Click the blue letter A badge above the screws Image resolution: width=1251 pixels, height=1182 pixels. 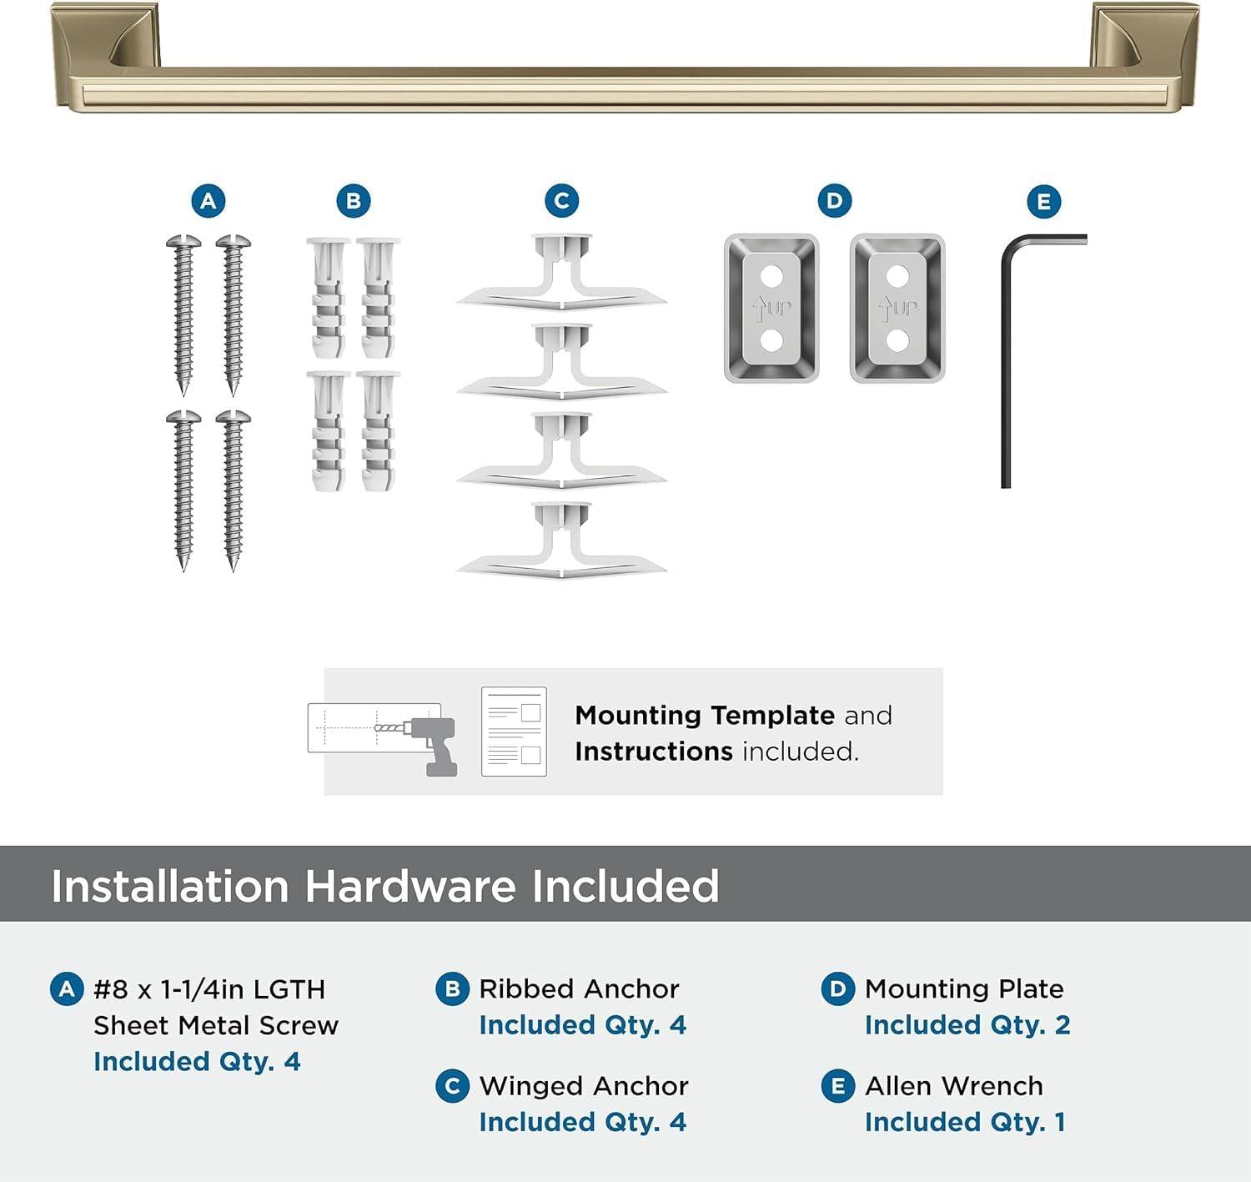coord(208,201)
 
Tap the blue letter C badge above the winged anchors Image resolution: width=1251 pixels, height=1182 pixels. coord(561,201)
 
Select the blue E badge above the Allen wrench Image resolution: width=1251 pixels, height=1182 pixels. coord(1043,202)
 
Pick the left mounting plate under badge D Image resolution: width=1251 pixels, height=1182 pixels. coord(771,309)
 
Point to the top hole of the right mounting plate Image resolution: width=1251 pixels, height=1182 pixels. coord(897,274)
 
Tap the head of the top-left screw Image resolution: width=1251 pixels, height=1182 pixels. coord(183,242)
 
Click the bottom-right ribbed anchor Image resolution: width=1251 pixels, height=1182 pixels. coord(378,431)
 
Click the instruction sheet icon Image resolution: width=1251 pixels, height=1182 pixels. coord(514,732)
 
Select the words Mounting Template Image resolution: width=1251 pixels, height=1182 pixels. coord(705,716)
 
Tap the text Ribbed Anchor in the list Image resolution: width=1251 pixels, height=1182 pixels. coord(579,988)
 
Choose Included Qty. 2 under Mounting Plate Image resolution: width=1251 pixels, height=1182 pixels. coord(967,1025)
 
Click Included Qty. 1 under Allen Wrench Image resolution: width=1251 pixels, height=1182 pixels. coord(965,1123)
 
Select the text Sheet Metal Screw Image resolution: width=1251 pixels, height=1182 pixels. coord(216,1025)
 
